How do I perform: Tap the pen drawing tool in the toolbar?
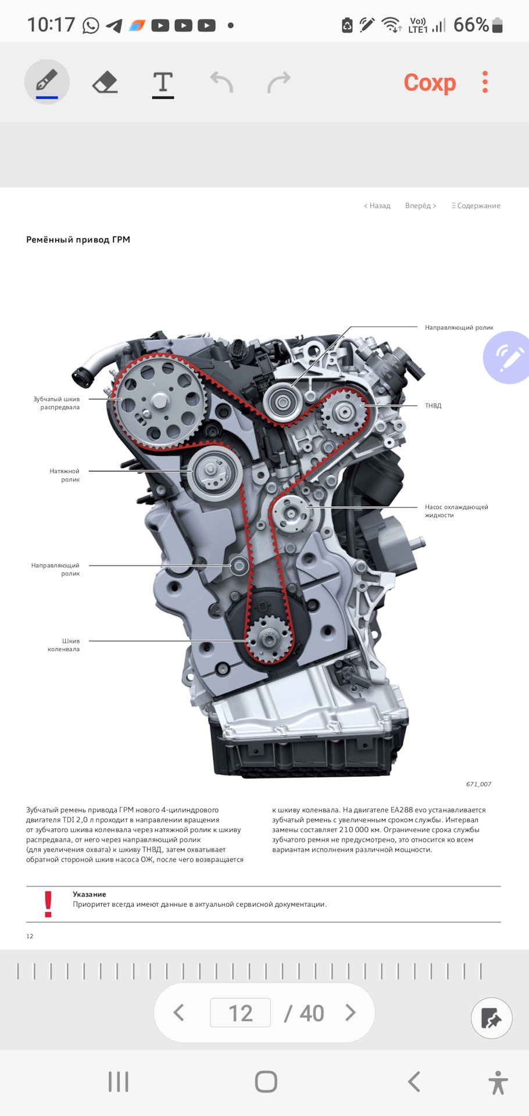[x=47, y=82]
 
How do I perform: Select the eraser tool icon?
[x=105, y=82]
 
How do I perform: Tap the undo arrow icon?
[x=221, y=82]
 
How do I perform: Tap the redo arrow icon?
[x=279, y=82]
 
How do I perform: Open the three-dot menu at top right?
[x=485, y=82]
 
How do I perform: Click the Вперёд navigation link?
[x=420, y=206]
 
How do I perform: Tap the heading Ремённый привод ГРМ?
[x=78, y=239]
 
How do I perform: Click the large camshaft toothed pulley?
[x=159, y=401]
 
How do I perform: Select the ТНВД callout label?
[x=433, y=406]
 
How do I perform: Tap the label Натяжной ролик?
[x=65, y=475]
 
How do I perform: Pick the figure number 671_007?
[x=478, y=784]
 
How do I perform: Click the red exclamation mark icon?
[x=48, y=904]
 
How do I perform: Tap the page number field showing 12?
[x=240, y=1013]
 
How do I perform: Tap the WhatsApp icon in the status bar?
[x=91, y=26]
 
